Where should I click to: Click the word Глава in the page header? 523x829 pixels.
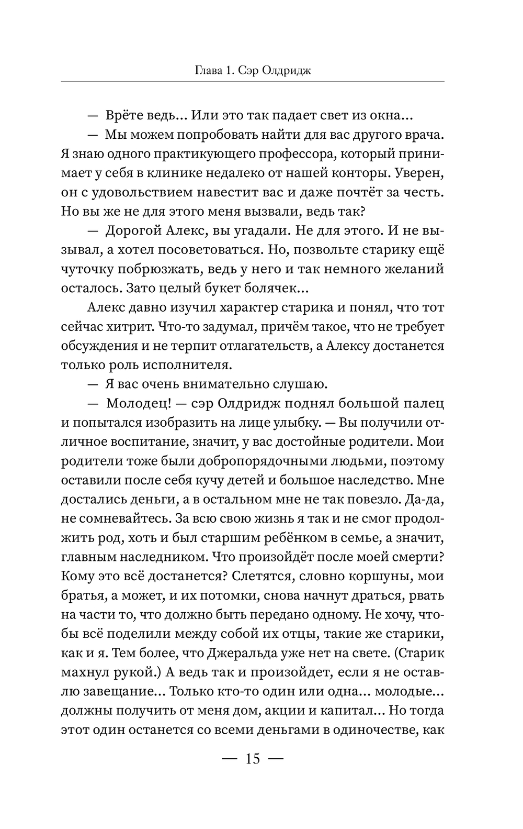207,70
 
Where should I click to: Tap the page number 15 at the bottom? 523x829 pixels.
253,758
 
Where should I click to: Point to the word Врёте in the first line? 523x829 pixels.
126,115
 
